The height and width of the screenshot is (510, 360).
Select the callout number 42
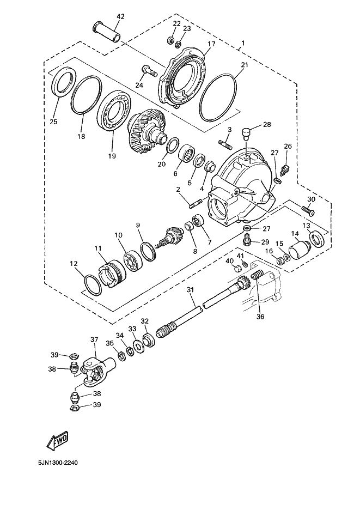click(120, 16)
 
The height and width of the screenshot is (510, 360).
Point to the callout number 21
click(244, 65)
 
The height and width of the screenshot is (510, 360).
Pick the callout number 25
click(53, 121)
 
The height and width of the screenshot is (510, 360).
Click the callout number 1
click(243, 43)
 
